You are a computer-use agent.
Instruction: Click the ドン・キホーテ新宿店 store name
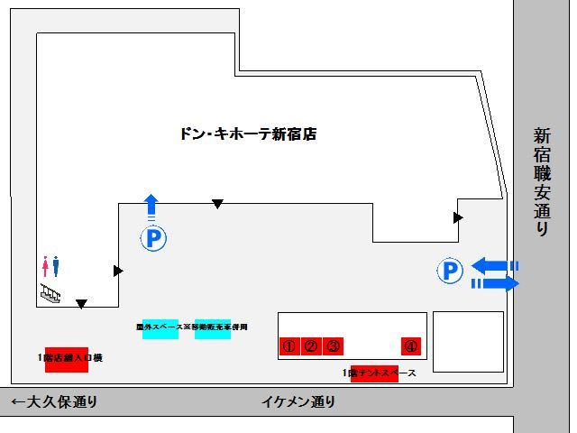coord(248,134)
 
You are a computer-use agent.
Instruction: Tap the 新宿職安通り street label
coord(541,180)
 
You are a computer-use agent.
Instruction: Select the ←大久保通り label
coord(53,401)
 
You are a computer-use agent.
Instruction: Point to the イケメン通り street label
coord(298,401)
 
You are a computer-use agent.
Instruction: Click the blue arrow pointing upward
coord(151,204)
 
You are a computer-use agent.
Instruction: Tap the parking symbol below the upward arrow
coord(152,238)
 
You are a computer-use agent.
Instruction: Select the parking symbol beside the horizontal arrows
coord(450,270)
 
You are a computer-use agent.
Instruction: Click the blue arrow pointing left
coord(491,265)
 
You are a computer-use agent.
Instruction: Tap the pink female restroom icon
coord(45,266)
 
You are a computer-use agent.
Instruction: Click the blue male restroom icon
coord(56,266)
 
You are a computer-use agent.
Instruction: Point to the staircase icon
coord(50,292)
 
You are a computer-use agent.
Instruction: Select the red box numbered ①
coord(288,345)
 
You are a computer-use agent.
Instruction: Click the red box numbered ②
coord(311,345)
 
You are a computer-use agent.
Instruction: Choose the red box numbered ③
coord(333,345)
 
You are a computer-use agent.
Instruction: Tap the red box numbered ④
coord(411,345)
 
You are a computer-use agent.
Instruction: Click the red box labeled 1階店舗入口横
coord(66,359)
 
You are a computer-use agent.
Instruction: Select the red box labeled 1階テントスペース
coord(373,373)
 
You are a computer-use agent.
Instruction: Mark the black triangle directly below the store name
coord(217,205)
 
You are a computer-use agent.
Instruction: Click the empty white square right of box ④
coord(468,341)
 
